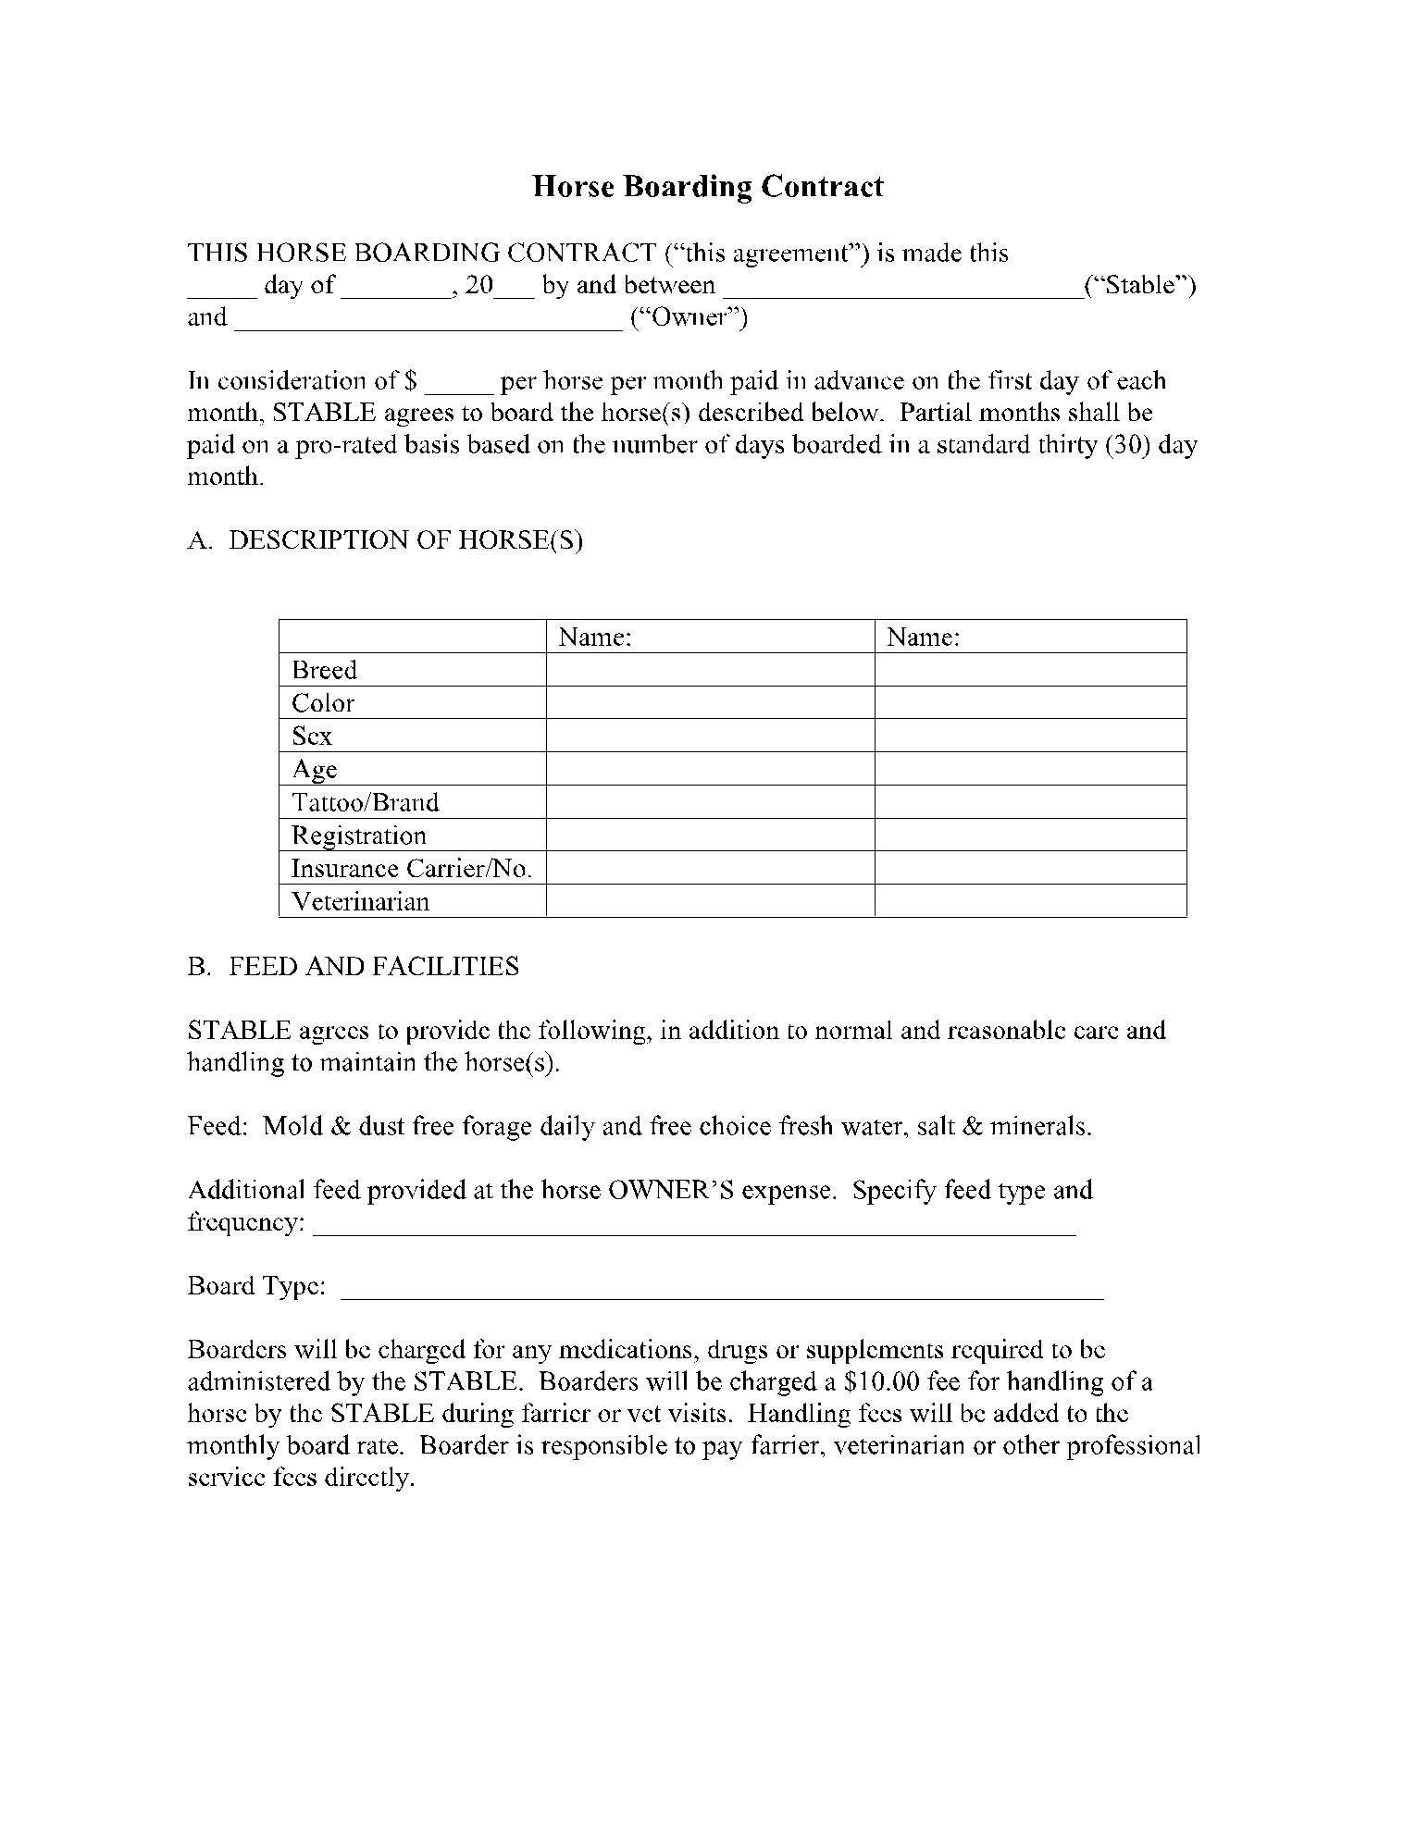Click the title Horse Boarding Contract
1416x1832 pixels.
coord(707,187)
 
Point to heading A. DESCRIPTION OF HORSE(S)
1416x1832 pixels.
coord(385,540)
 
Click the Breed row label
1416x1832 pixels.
coord(324,670)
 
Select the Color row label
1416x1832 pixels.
coord(323,703)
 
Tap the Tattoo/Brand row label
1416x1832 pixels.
coord(365,802)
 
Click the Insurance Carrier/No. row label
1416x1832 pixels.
coord(412,869)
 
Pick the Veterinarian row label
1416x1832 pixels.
coord(360,902)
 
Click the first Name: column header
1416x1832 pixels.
coord(595,637)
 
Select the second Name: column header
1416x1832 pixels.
coord(923,637)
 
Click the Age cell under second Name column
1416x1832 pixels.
coord(1030,769)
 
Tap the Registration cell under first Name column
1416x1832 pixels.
coord(710,836)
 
